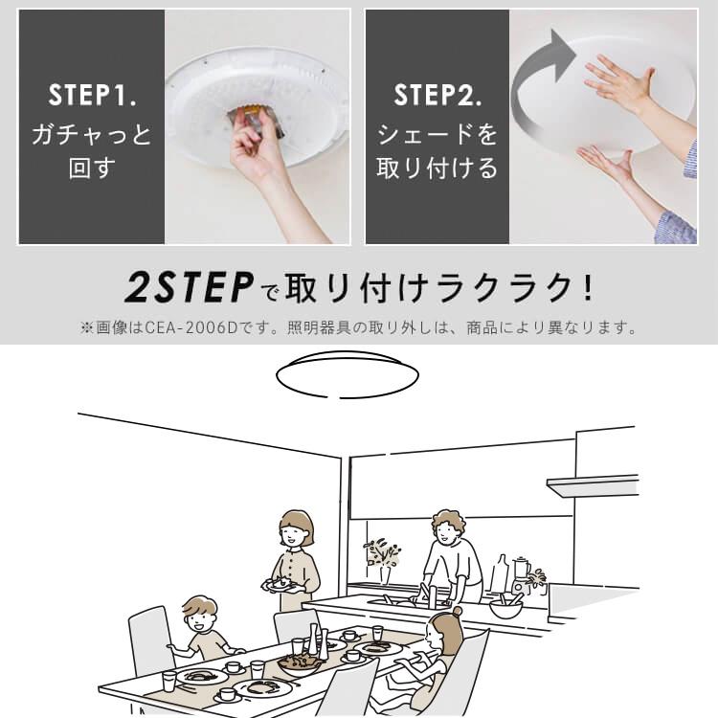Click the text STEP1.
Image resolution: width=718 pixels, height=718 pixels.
click(91, 96)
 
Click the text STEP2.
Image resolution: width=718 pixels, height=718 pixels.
click(437, 96)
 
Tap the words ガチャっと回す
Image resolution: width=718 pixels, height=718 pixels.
click(91, 152)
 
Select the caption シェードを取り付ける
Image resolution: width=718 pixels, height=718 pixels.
click(437, 152)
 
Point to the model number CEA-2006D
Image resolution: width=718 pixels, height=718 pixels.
click(187, 328)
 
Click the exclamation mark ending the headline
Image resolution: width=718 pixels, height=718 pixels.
click(587, 286)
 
